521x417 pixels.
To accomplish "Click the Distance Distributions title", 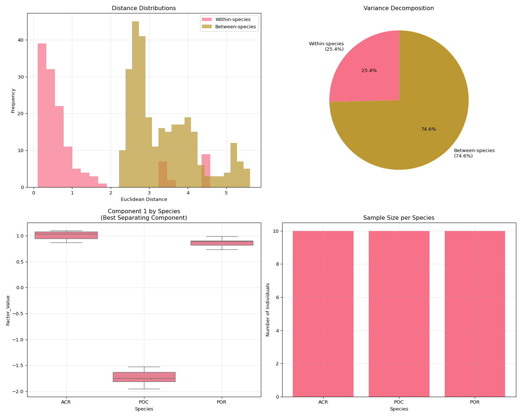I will point(144,8).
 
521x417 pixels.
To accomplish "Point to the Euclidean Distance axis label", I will point(144,199).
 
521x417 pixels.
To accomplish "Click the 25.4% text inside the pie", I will point(369,71).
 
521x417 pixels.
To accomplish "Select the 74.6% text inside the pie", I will point(428,129).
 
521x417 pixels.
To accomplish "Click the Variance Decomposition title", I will point(399,8).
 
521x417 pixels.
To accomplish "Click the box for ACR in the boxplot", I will point(66,235).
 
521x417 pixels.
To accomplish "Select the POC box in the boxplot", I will point(144,377).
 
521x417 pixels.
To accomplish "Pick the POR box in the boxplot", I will point(222,243).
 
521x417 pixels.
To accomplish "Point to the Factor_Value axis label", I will point(8,310).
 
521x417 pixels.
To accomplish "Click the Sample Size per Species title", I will point(399,218).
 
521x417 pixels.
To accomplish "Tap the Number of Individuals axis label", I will point(268,309).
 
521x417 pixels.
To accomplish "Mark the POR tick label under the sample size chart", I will point(475,402).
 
